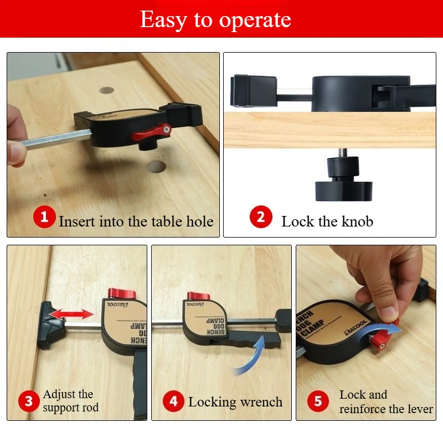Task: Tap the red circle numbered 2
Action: [x=260, y=217]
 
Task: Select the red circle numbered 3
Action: [x=28, y=401]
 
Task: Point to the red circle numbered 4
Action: [x=174, y=401]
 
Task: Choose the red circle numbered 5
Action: [x=318, y=401]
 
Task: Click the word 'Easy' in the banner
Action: [x=163, y=19]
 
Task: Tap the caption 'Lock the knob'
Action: [x=327, y=222]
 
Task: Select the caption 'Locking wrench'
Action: [x=235, y=402]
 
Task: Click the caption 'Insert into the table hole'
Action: [x=136, y=221]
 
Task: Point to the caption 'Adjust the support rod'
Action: [x=70, y=401]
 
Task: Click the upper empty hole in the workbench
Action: [x=106, y=90]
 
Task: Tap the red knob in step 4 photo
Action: [x=196, y=297]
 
